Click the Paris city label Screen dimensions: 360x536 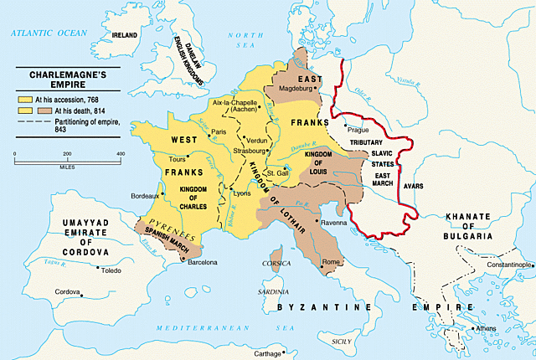point(220,132)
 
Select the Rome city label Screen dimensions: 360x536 point(331,262)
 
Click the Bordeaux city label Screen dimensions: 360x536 point(147,196)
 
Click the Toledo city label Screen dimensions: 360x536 point(111,271)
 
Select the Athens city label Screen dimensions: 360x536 point(486,328)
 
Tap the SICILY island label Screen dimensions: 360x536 point(343,342)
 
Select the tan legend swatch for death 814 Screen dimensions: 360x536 point(24,109)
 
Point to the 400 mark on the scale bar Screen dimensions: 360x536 point(120,153)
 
